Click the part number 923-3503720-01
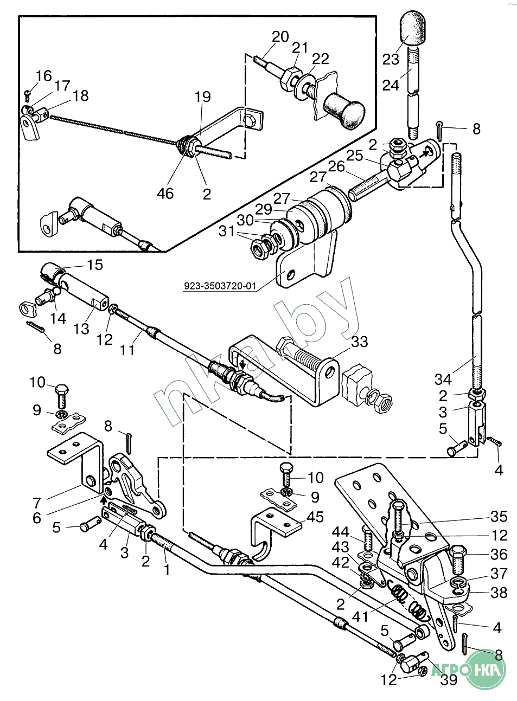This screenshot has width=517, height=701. [220, 286]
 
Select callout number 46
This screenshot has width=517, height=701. [165, 193]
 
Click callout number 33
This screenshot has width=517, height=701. [359, 342]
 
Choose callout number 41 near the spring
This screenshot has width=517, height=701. [360, 616]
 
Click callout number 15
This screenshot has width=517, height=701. [95, 265]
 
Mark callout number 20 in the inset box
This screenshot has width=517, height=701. [280, 37]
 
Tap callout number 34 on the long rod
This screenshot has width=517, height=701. [443, 380]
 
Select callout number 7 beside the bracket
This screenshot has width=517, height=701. [37, 503]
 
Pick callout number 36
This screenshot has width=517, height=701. [499, 554]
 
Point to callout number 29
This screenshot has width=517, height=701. [263, 209]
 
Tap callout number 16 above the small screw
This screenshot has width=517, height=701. [43, 76]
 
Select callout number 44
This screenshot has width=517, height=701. [340, 531]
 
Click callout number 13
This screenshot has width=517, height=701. [81, 329]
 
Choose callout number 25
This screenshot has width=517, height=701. [354, 156]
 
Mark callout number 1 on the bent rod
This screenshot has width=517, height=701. [167, 570]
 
